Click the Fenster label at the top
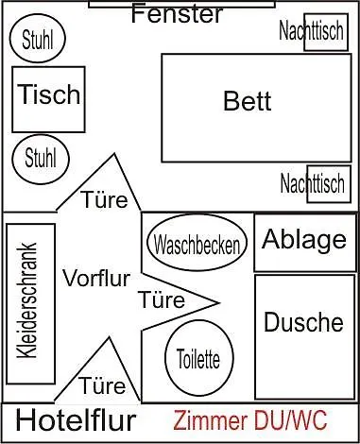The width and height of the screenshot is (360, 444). click(x=178, y=14)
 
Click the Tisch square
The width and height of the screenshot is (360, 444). click(x=48, y=97)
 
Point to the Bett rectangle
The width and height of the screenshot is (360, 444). click(x=248, y=101)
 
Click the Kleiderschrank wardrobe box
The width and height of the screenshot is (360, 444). click(x=30, y=291)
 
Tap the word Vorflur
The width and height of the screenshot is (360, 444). click(x=95, y=278)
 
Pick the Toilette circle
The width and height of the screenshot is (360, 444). click(x=198, y=359)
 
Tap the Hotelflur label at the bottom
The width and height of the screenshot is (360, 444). click(x=76, y=421)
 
